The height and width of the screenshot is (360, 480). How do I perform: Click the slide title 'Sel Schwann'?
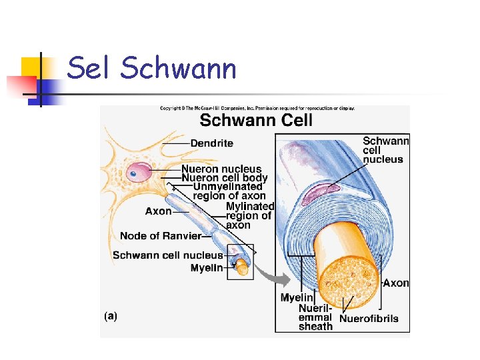(152, 69)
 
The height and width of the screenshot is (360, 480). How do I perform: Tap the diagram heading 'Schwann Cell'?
(256, 121)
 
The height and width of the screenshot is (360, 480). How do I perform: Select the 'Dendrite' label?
(212, 143)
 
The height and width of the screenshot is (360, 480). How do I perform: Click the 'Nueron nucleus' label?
(221, 169)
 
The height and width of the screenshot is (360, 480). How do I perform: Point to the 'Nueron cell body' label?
(225, 178)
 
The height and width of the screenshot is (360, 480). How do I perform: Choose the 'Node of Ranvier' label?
(161, 236)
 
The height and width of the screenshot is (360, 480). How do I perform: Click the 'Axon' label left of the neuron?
(159, 211)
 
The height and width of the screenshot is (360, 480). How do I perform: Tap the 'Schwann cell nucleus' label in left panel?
(167, 255)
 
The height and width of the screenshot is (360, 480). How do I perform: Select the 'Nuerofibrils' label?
(369, 319)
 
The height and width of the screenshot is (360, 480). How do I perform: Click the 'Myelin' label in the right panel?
(296, 298)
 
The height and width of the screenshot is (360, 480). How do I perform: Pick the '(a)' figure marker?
(111, 316)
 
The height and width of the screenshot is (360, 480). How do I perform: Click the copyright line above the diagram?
(257, 108)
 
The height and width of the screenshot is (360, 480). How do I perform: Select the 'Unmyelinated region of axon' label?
(229, 191)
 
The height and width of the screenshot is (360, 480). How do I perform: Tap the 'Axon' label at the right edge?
(396, 283)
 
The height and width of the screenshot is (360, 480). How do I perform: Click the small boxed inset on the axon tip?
(240, 261)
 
